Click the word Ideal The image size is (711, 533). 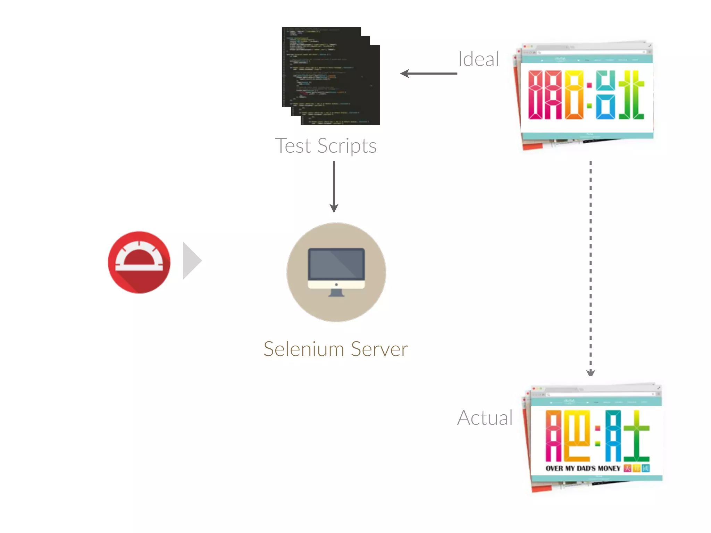point(478,59)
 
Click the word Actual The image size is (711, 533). point(485,417)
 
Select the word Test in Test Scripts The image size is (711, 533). point(293,146)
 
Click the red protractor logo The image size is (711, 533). point(139,262)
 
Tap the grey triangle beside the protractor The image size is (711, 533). point(191,261)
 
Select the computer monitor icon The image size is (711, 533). point(336,272)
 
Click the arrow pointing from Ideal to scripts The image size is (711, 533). point(429,74)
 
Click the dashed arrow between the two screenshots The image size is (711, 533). point(591,267)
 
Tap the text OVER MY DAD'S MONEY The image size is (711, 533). point(583,468)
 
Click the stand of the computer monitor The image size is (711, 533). point(336,293)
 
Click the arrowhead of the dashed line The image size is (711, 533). point(591,373)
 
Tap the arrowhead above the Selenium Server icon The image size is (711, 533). point(334,208)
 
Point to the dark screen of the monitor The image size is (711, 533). point(336,263)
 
